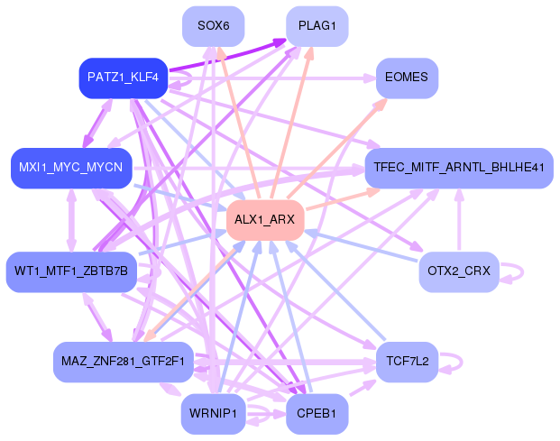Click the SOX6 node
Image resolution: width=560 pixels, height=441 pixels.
tap(213, 26)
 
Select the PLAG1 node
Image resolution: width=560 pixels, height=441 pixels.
tap(317, 26)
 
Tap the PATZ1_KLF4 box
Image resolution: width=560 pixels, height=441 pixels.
tap(124, 78)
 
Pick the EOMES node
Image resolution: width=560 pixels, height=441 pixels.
tap(407, 78)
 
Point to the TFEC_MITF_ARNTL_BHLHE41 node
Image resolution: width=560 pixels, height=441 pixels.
tap(458, 168)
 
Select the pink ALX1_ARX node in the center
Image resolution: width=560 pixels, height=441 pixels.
tap(264, 220)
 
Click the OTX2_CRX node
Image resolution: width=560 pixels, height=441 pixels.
tap(458, 271)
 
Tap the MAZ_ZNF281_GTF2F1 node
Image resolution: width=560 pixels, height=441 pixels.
tap(124, 362)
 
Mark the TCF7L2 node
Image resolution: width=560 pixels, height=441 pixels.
tap(407, 362)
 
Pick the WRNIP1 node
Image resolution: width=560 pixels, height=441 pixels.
tap(213, 414)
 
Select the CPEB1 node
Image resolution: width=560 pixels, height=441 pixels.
tap(317, 414)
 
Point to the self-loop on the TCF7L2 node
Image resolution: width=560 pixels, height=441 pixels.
tap(458, 362)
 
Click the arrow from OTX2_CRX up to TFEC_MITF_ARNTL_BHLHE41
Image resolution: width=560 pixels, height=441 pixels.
tap(458, 221)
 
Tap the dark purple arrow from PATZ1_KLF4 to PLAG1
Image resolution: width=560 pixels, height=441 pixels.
tap(225, 55)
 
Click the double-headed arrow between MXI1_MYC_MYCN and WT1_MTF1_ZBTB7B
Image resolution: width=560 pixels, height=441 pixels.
tap(71, 220)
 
